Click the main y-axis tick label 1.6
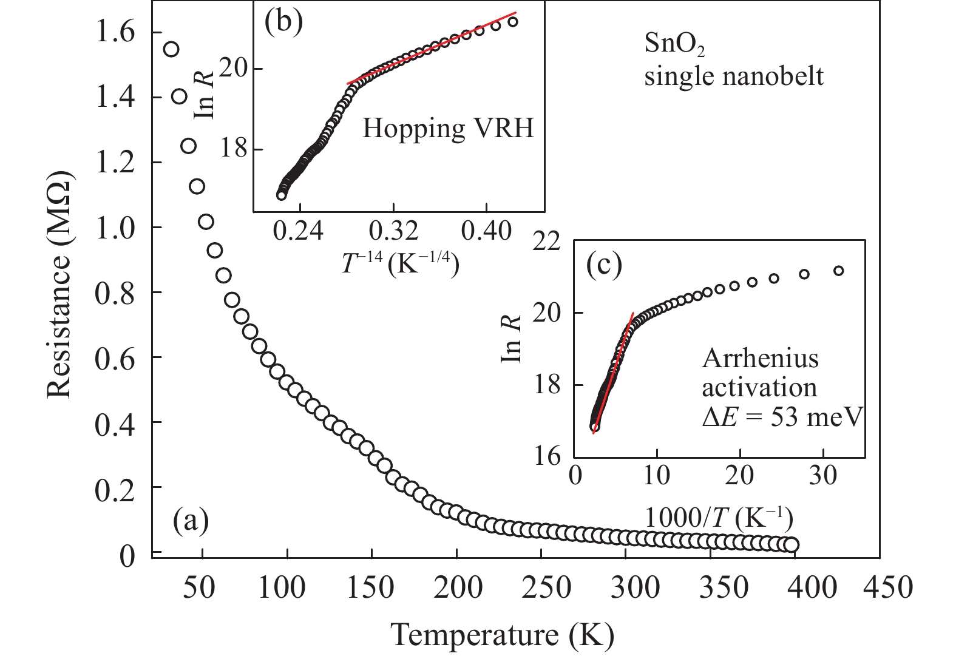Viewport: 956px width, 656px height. (x=115, y=33)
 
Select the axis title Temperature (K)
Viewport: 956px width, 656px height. (x=502, y=635)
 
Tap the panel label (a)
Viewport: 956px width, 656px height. (x=191, y=519)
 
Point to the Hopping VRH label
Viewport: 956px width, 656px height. (x=448, y=129)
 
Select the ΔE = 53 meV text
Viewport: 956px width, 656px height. (x=782, y=417)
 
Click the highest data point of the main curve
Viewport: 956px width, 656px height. (x=171, y=49)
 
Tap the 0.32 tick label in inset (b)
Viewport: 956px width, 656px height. (x=393, y=231)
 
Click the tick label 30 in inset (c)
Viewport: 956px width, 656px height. (x=822, y=475)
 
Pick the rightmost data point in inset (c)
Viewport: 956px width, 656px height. (x=838, y=271)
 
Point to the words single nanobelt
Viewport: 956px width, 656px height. (x=734, y=77)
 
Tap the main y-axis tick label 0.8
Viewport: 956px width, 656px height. (x=115, y=292)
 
